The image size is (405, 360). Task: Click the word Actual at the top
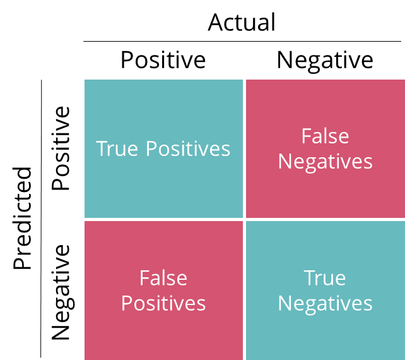pos(242,23)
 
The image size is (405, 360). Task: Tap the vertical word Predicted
pos(23,218)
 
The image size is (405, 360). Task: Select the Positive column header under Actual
pos(163,60)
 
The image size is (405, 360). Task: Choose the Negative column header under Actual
pos(325,61)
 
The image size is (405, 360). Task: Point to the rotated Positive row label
pos(61,148)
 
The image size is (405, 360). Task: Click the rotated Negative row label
pos(62,292)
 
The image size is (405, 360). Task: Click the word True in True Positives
pos(117,148)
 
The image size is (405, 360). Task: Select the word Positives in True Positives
pos(188,148)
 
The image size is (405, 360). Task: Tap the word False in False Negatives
pos(325,136)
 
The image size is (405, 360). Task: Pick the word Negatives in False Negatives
pos(325,162)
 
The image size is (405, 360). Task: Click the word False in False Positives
pos(163,278)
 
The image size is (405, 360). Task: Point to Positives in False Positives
pos(163,303)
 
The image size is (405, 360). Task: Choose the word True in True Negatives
pos(325,278)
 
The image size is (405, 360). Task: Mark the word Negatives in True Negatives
pos(325,304)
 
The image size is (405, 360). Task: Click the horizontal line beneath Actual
pos(242,41)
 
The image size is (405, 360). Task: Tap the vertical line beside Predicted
pos(41,219)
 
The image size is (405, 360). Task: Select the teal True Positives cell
pos(163,148)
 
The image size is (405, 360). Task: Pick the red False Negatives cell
pos(326,148)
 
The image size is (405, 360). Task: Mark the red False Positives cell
pos(163,291)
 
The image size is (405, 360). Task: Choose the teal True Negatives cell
pos(326,291)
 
